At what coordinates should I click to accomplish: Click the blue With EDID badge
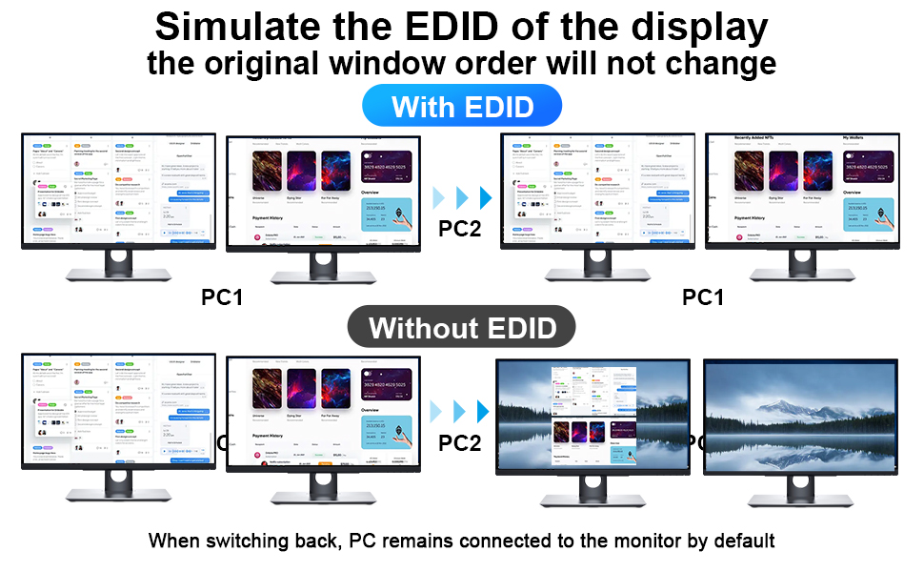click(x=462, y=106)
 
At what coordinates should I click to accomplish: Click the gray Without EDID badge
click(x=462, y=328)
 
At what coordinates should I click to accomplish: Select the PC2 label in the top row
click(x=460, y=229)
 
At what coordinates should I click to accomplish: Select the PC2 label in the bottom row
click(x=460, y=442)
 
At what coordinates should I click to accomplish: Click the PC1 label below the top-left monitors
click(x=223, y=297)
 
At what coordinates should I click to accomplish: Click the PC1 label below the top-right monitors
click(x=703, y=297)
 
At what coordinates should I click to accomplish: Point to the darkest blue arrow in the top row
click(x=485, y=198)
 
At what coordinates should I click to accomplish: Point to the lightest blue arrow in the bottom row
click(x=438, y=412)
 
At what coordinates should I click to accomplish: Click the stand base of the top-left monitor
click(x=119, y=275)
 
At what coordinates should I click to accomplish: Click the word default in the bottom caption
click(x=742, y=541)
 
